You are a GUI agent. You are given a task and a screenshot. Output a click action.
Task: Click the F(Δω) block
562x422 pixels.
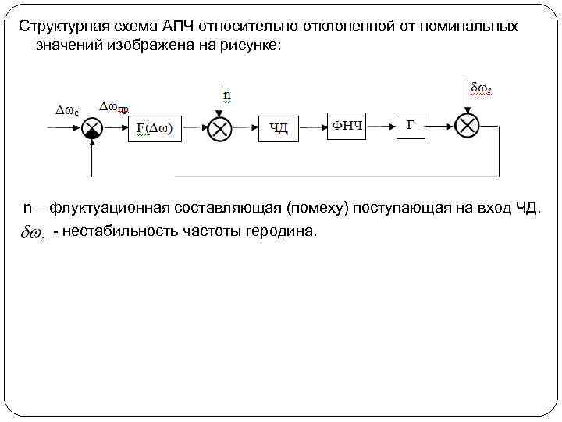click(155, 128)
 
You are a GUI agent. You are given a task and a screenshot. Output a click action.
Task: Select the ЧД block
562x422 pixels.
click(279, 127)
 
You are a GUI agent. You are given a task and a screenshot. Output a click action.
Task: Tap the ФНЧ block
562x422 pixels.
click(347, 125)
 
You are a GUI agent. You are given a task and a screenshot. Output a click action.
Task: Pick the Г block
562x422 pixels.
click(411, 125)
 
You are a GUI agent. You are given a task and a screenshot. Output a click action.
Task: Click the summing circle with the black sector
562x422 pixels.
click(93, 128)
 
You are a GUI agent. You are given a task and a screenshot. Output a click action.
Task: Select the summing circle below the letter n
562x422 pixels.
click(220, 128)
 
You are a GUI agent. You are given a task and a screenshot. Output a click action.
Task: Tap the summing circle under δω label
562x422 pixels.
click(468, 126)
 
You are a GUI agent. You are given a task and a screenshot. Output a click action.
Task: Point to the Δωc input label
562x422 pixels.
click(66, 110)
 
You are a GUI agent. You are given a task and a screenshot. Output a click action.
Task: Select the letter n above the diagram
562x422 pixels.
click(227, 96)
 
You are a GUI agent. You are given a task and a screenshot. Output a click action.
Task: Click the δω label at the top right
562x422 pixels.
click(479, 88)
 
